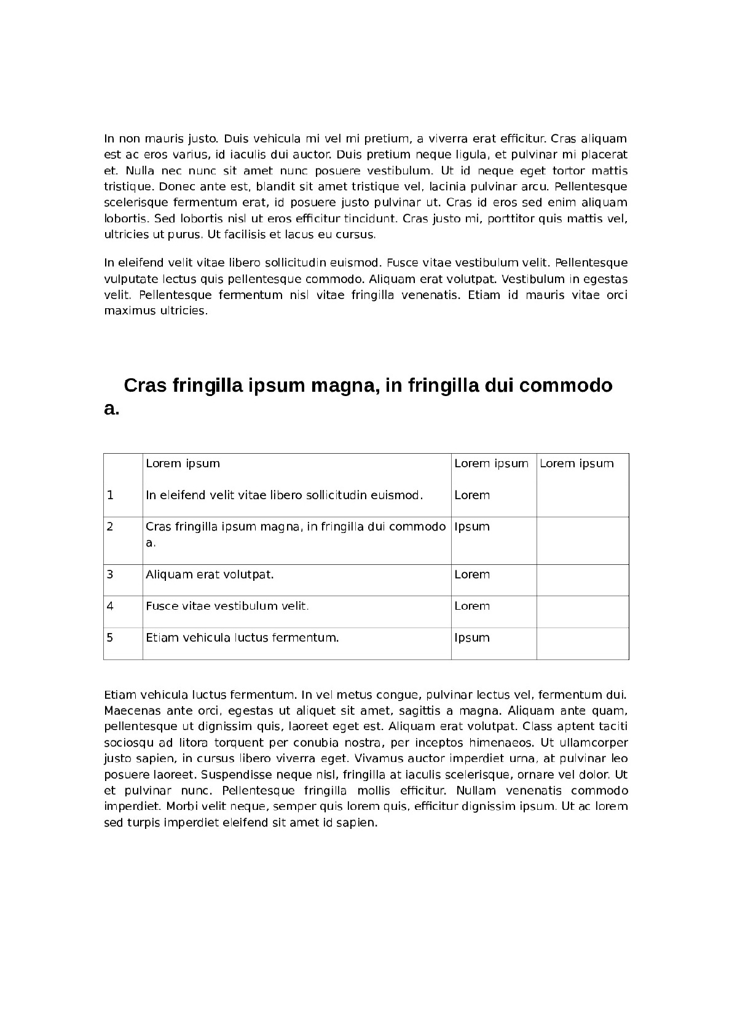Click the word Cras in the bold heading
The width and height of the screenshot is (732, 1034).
click(x=145, y=386)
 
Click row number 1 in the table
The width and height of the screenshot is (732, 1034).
click(x=111, y=495)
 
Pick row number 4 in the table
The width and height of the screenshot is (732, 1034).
click(x=111, y=606)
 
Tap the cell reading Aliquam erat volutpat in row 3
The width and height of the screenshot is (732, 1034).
click(x=210, y=575)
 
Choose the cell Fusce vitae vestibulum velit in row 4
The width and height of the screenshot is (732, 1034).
click(x=227, y=606)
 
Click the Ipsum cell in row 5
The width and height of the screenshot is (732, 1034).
click(x=472, y=638)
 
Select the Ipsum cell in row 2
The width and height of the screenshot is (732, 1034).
click(x=472, y=527)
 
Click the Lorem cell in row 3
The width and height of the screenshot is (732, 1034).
click(x=472, y=575)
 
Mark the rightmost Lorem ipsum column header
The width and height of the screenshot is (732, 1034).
click(x=577, y=464)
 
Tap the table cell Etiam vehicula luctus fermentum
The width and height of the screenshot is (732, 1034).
click(x=242, y=638)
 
